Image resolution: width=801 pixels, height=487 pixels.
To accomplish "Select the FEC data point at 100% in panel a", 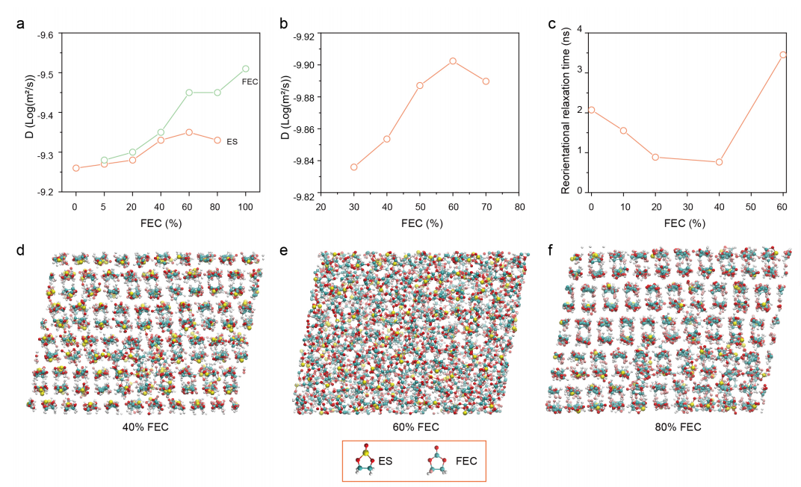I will (246, 69).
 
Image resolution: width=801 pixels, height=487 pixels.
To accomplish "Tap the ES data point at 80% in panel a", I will (217, 140).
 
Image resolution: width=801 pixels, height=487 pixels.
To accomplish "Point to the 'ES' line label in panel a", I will (231, 141).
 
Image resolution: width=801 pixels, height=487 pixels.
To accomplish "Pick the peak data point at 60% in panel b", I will (453, 61).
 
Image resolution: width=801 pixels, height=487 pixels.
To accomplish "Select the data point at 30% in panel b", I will (354, 167).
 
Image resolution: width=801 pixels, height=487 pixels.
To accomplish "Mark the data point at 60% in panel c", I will (783, 55).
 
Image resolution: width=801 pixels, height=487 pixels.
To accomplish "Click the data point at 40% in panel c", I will (719, 162).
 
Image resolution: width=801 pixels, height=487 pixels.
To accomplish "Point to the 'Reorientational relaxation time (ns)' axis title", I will (566, 112).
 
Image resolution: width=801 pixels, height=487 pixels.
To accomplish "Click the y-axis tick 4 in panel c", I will (579, 33).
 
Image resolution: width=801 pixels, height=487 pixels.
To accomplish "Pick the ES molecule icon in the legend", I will (365, 461).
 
